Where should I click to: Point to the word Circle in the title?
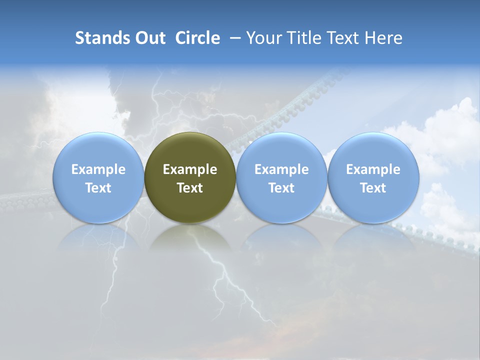pyautogui.click(x=197, y=38)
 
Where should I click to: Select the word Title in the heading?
pyautogui.click(x=310, y=38)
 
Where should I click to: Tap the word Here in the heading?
pyautogui.click(x=383, y=38)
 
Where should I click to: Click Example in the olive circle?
pyautogui.click(x=190, y=169)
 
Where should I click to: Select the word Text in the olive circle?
pyautogui.click(x=190, y=188)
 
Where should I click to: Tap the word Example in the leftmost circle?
pyautogui.click(x=98, y=169)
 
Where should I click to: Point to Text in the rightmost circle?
pyautogui.click(x=373, y=188)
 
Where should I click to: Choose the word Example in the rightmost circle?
pyautogui.click(x=373, y=169)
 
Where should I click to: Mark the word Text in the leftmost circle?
pyautogui.click(x=98, y=188)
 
